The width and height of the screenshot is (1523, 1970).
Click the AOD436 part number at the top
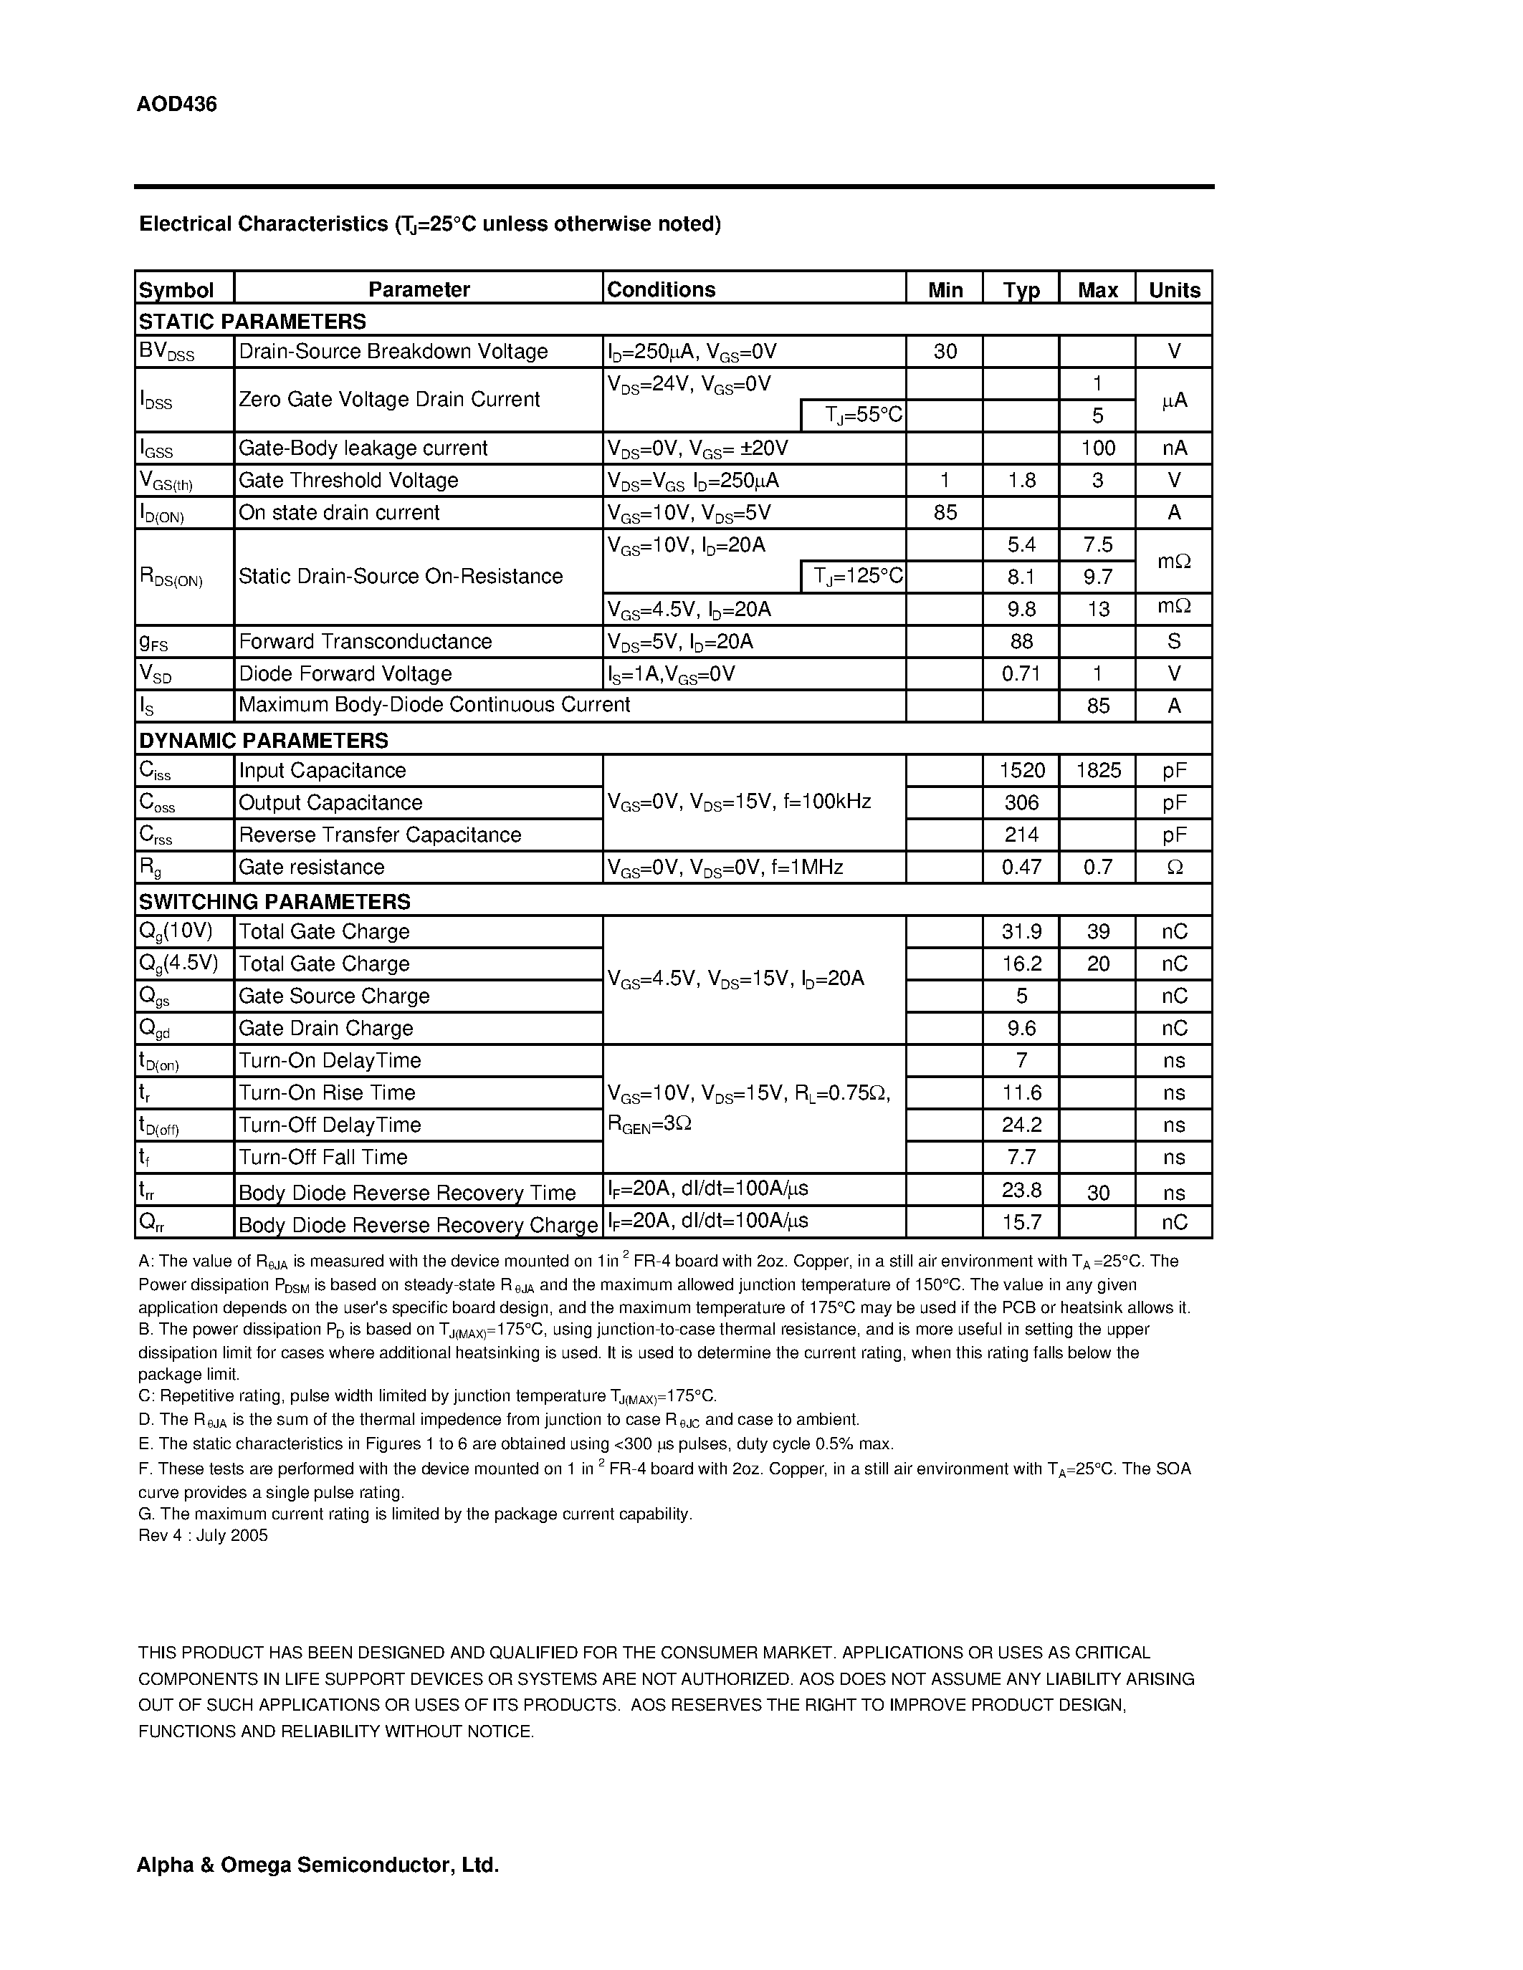[177, 105]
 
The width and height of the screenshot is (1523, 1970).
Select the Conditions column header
[662, 289]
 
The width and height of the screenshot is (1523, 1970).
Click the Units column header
[1174, 289]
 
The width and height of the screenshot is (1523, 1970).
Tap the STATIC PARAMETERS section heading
[252, 321]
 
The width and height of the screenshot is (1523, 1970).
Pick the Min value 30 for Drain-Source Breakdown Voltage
[945, 352]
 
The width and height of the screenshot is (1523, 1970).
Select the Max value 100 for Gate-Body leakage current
[1097, 448]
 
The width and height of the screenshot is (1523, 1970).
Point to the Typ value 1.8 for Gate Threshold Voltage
[1021, 481]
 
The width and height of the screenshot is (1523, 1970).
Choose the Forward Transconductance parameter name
[366, 641]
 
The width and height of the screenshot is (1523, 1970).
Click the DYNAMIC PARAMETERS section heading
[264, 741]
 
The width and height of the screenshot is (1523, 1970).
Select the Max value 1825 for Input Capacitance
[1097, 770]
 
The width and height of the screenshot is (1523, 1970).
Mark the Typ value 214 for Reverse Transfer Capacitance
[1021, 835]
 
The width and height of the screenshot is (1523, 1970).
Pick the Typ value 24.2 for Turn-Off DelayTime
[1021, 1125]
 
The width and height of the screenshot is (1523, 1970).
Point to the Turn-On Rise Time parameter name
[327, 1093]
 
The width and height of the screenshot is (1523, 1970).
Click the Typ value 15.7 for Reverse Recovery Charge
[1021, 1222]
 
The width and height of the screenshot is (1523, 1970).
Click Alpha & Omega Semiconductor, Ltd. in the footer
[318, 1865]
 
